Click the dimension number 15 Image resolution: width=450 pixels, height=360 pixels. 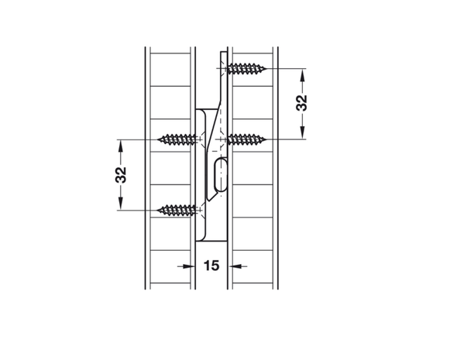pos(211,266)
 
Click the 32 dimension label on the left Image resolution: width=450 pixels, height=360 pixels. pos(121,175)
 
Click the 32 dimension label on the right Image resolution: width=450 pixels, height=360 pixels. pos(301,103)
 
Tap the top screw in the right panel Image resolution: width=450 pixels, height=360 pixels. pos(246,69)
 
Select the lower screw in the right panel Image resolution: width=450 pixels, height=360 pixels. pos(246,139)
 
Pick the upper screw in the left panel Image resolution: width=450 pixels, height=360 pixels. pos(177,139)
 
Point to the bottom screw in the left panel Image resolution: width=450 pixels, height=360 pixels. pos(177,211)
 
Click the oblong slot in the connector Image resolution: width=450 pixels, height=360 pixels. pos(221,174)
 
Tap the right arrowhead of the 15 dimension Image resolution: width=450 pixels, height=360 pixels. pos(235,266)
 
